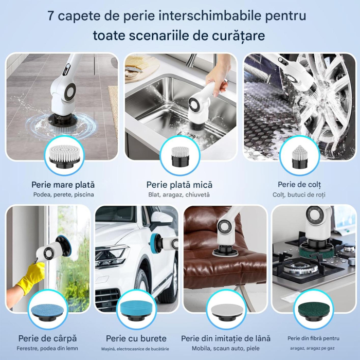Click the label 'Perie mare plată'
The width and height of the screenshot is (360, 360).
coord(63,184)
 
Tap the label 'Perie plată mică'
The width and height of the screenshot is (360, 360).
coord(179,184)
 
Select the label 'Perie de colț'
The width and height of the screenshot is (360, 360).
coord(299,184)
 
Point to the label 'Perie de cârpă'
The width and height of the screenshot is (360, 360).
coord(47,338)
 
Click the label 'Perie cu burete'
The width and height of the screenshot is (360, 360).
coord(136,338)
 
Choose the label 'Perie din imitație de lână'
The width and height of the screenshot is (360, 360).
coord(226,338)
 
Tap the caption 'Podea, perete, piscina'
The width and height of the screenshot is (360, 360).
coord(63,195)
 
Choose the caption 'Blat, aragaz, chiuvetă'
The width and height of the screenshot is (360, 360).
coord(179,195)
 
